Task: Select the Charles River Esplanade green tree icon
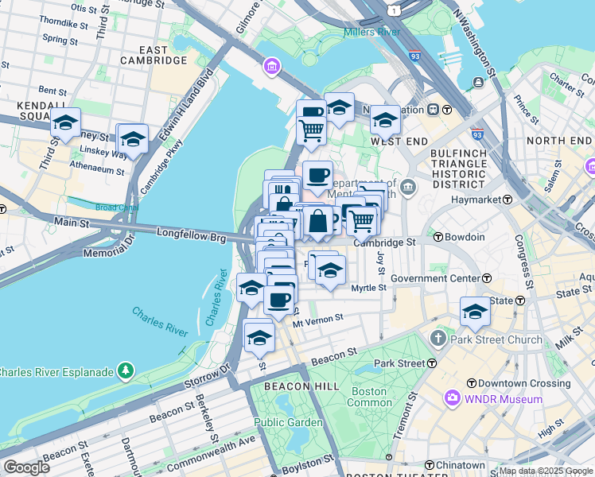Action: (x=125, y=371)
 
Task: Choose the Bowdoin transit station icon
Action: (x=437, y=237)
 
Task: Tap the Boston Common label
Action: (x=368, y=397)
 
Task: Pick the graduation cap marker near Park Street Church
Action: (x=475, y=311)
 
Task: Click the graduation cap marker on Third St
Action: (x=65, y=123)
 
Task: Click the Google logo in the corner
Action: (x=26, y=467)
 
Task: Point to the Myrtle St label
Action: (x=368, y=289)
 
